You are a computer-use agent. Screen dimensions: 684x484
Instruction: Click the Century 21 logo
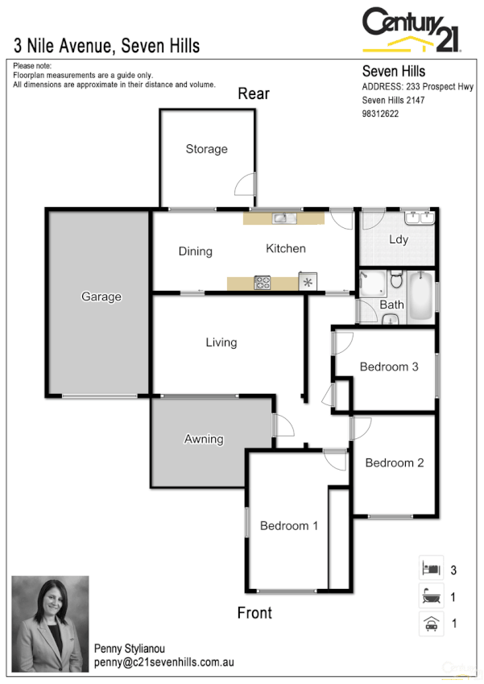coord(412,31)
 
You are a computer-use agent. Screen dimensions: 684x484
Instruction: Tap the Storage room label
coord(206,149)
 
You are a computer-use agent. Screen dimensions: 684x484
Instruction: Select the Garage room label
coord(101,296)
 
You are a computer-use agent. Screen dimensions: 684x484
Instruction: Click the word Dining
coord(195,251)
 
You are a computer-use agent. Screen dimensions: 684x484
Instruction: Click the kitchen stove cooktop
coord(263,282)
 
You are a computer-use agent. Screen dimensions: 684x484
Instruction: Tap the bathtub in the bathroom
coord(421,296)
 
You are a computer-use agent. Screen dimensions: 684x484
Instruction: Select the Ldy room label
coord(398,239)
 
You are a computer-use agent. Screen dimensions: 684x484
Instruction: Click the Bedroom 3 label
coord(389,367)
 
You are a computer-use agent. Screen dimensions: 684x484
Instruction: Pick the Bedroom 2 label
coord(394,462)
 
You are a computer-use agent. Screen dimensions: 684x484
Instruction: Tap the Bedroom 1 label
coord(289,526)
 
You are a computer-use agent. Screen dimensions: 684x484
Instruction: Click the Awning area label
coord(204,439)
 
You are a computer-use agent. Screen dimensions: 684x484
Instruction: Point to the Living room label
coord(221,342)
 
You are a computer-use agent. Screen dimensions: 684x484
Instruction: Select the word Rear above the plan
coord(254,94)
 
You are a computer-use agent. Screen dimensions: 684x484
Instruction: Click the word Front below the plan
coord(254,613)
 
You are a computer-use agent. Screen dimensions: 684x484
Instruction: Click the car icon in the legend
coord(430,623)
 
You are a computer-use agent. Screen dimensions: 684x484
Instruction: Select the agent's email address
coord(164,661)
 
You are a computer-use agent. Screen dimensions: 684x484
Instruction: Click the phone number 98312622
coord(381,114)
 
